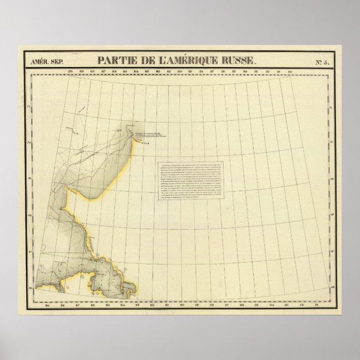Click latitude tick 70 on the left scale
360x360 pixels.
point(38,143)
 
